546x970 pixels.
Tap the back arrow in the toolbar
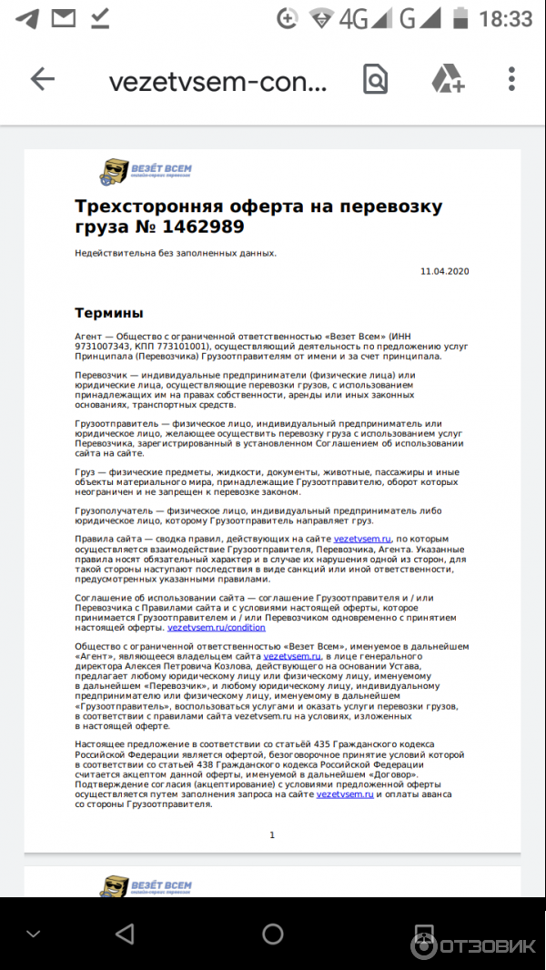[x=43, y=80]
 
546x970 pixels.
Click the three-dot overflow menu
[x=511, y=80]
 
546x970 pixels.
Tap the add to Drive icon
[x=448, y=80]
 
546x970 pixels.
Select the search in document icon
[x=375, y=80]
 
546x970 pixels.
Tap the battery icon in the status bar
[x=461, y=18]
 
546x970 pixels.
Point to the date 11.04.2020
[x=444, y=271]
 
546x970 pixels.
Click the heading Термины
[x=108, y=313]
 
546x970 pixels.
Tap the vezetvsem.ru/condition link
[x=217, y=628]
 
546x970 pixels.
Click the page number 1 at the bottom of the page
[x=272, y=834]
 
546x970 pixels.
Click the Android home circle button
[x=272, y=933]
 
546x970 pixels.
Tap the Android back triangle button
[x=125, y=933]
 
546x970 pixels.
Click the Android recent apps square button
[x=420, y=933]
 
